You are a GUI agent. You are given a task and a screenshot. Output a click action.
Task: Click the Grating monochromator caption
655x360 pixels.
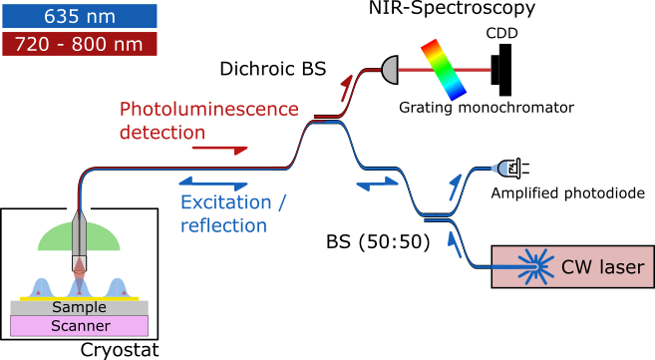click(487, 107)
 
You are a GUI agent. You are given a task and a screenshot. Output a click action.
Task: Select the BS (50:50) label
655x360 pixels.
click(377, 242)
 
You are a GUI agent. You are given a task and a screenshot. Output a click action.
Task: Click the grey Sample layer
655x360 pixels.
click(79, 307)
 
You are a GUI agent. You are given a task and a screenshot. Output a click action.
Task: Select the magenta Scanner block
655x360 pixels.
click(79, 325)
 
